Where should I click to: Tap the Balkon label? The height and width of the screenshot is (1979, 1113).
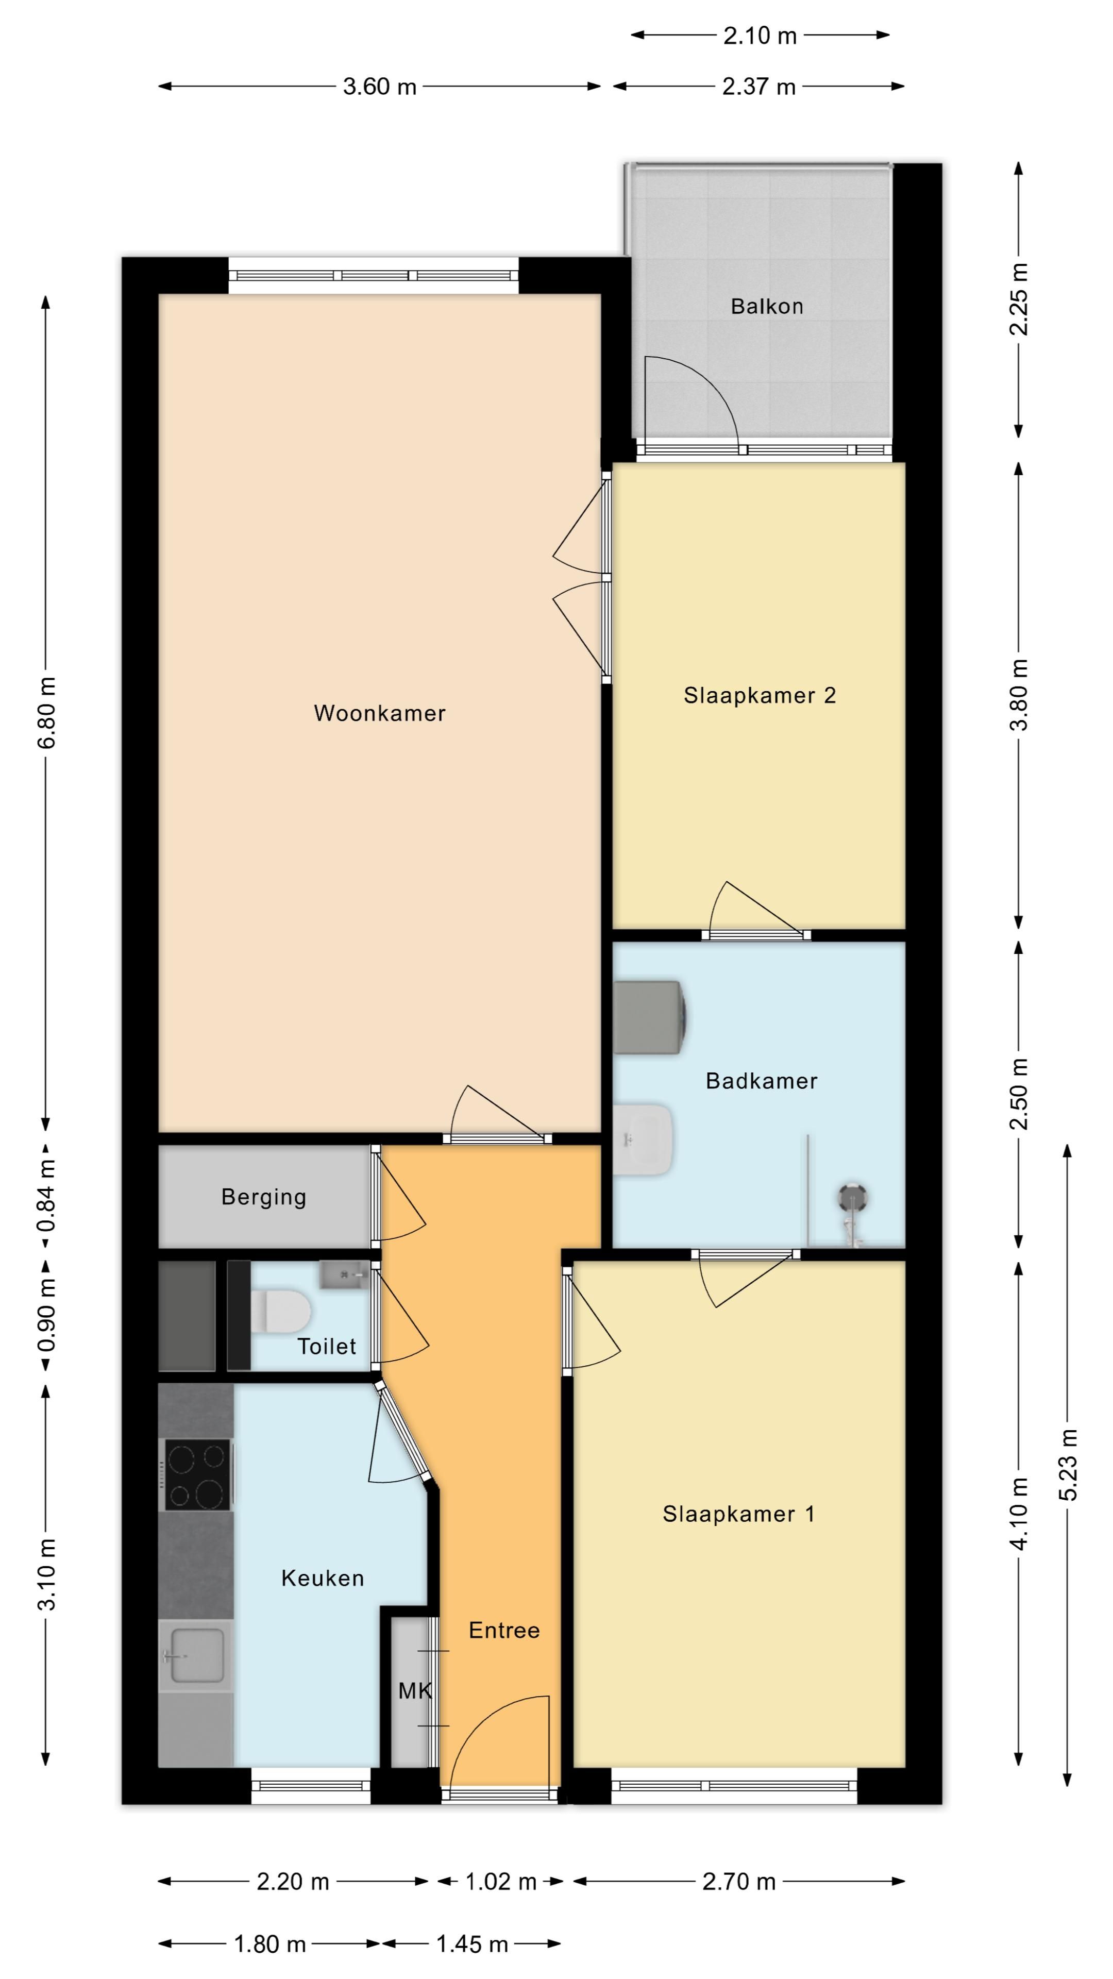tap(767, 307)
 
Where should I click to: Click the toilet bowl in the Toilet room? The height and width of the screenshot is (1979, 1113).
tap(280, 1310)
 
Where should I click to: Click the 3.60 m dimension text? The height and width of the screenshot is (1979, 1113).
tap(379, 86)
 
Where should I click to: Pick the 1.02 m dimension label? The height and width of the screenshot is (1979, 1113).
tap(501, 1882)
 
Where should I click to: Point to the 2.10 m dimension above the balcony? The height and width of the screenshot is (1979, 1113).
tap(760, 36)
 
